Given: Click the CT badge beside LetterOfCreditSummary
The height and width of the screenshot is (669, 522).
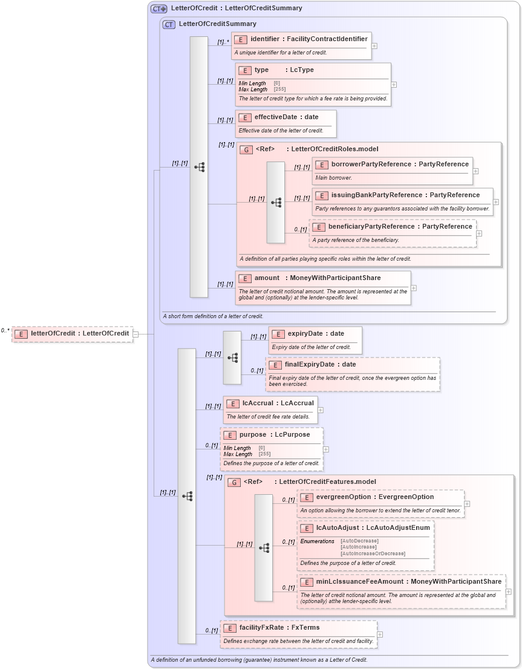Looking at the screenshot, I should (169, 24).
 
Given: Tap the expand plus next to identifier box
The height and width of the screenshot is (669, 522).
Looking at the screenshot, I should (374, 45).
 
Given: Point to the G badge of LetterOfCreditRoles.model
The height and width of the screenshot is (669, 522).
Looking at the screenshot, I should (246, 149).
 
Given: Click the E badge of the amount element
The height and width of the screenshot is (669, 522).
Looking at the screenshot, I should (245, 278).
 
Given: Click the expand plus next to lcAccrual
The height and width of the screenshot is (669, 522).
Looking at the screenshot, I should (321, 410).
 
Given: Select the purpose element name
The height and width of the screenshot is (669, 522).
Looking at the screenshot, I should (253, 434).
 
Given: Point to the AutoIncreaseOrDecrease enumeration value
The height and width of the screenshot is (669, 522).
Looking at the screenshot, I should (373, 553).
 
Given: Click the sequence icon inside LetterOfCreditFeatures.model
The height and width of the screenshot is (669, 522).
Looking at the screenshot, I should (264, 547).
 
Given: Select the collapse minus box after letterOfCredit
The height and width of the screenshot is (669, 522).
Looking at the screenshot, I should (136, 333).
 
